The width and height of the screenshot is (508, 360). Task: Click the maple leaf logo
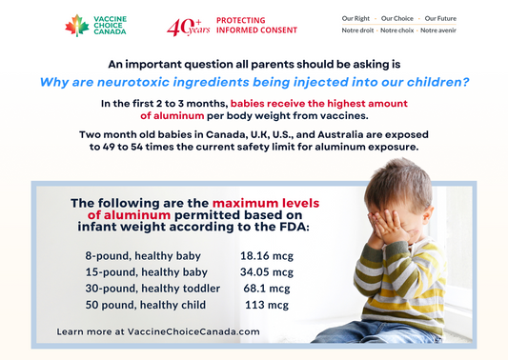point(76,25)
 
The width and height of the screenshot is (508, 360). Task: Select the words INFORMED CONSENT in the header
point(256,30)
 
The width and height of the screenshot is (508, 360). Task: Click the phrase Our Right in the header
point(356,18)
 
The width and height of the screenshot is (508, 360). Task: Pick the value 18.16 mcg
point(265,256)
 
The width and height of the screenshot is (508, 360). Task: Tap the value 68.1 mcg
point(267,288)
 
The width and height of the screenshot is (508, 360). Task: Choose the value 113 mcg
point(267,305)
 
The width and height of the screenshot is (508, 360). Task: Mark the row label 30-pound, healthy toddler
point(152,288)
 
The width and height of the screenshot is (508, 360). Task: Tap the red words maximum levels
point(265,203)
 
